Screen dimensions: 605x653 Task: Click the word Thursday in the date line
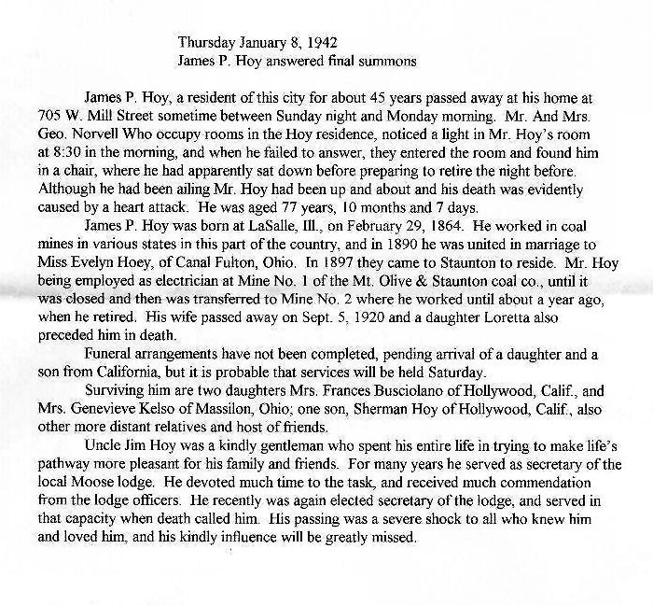click(204, 42)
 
